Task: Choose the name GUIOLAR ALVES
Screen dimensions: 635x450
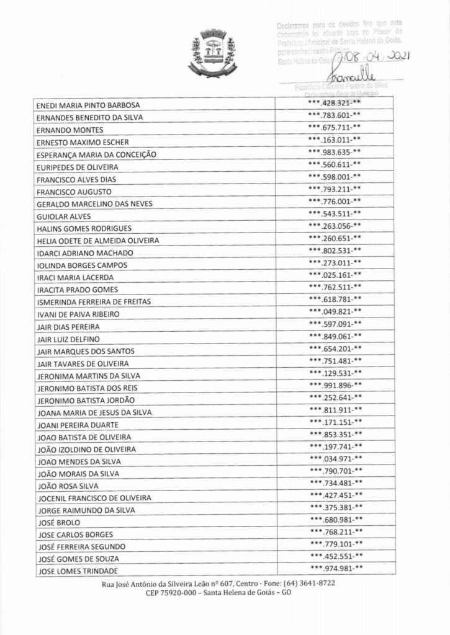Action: pos(64,216)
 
